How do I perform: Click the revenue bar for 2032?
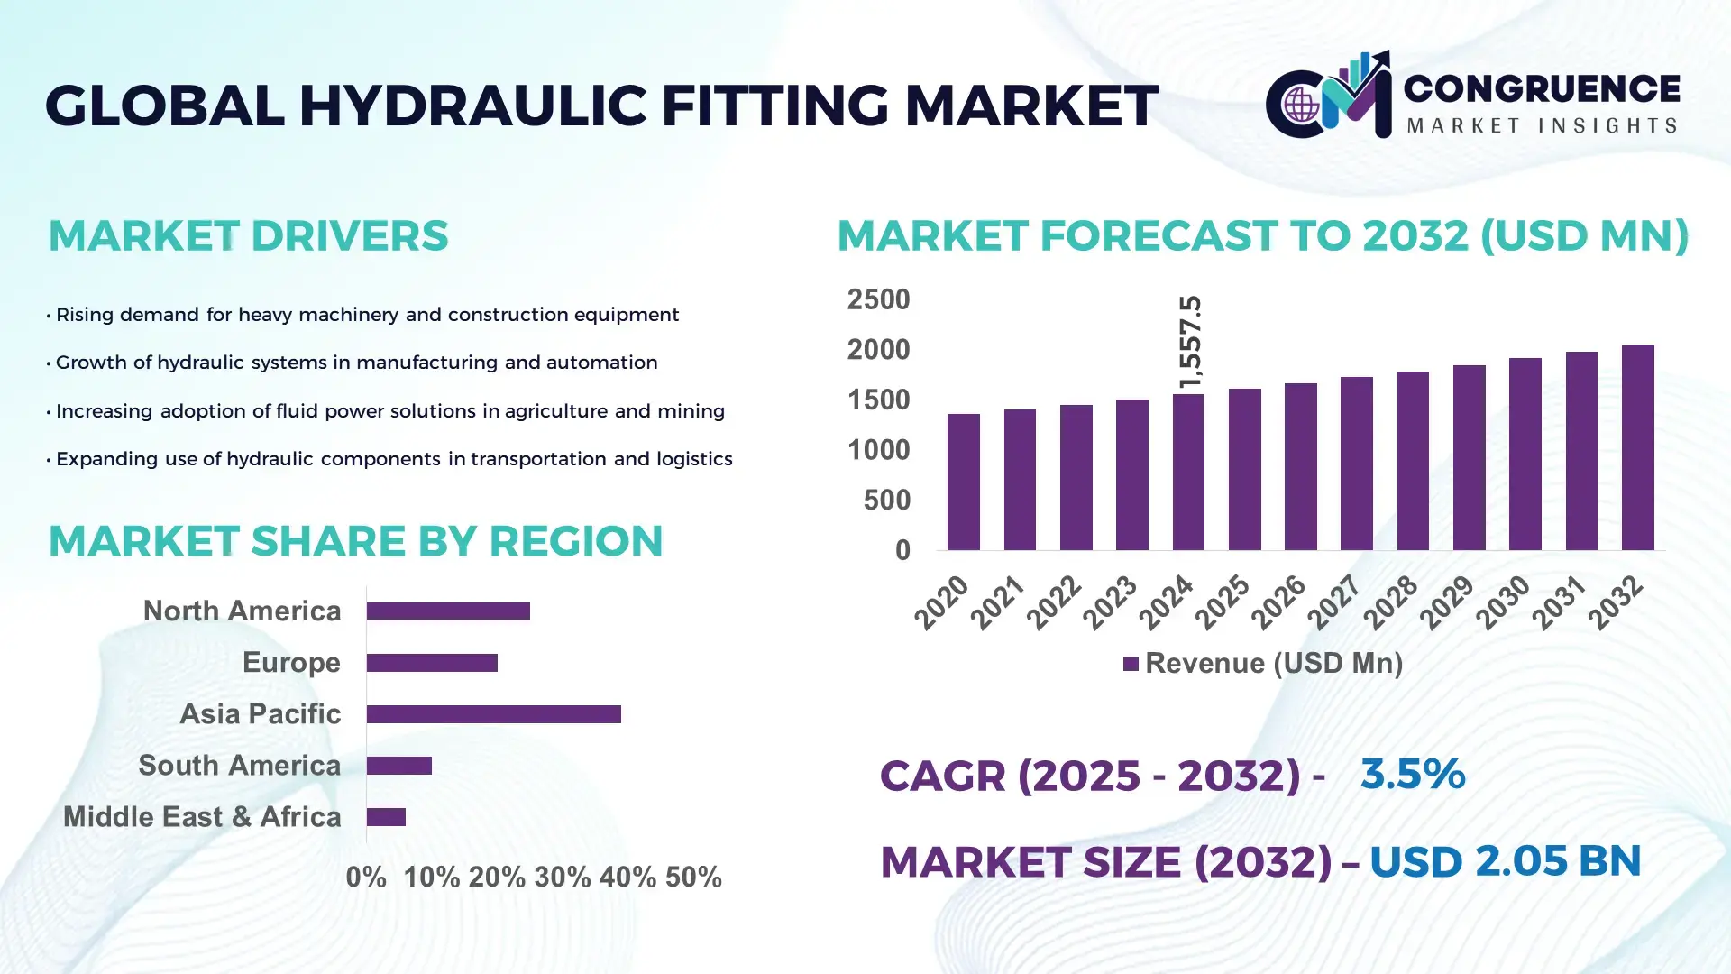coord(1637,448)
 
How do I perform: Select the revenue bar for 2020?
coord(964,482)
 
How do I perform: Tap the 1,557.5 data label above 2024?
coord(1190,343)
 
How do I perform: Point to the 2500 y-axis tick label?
coord(878,299)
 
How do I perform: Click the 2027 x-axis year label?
coord(1334,602)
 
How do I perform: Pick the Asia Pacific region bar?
coord(493,714)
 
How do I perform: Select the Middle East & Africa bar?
coord(386,817)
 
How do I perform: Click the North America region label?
coord(242,611)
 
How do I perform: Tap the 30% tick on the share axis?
coord(563,877)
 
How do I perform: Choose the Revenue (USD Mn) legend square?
coord(1131,664)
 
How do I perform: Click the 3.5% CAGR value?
coord(1412,774)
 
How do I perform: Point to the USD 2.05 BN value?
coord(1505,861)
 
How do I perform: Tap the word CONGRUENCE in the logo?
coord(1542,88)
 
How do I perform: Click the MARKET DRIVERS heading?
coord(248,236)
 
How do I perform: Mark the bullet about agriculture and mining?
coord(389,411)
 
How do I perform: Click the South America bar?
coord(399,766)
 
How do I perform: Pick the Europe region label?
coord(291,662)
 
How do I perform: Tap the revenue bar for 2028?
coord(1413,461)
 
